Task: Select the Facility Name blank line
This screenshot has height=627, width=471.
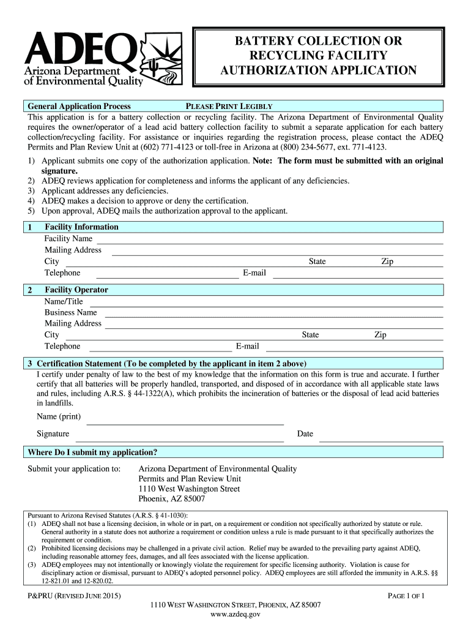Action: coord(269,243)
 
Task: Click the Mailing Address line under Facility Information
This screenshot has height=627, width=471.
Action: coord(276,254)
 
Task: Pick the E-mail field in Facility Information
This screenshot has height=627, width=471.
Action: coord(357,277)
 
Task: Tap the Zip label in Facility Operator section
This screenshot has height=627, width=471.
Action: coord(380,335)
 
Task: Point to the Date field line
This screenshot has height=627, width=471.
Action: coord(381,440)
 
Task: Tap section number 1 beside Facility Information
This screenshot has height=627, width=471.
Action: coord(29,227)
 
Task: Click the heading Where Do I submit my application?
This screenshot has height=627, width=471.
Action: coord(92,452)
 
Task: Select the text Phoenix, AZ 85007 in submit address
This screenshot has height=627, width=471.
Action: coord(172,499)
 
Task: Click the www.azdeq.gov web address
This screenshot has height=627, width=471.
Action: coord(236,615)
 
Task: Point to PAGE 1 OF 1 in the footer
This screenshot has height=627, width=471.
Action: coord(407,596)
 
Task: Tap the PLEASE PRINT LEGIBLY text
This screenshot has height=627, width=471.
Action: coord(229,106)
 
